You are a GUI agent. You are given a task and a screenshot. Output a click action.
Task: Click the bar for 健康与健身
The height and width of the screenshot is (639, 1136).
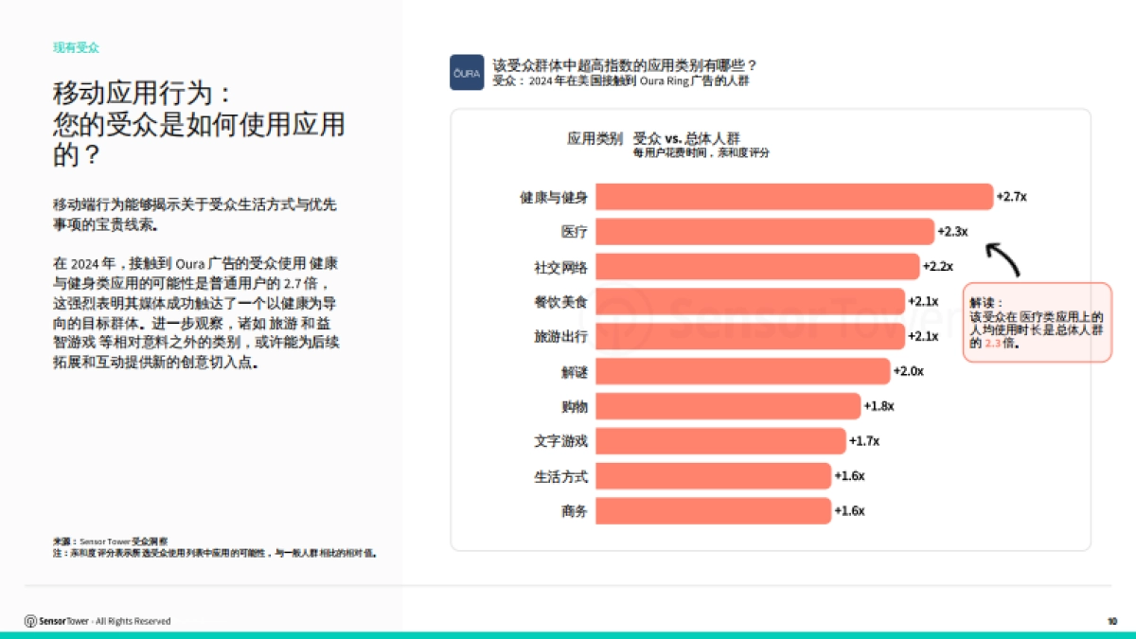[x=793, y=197]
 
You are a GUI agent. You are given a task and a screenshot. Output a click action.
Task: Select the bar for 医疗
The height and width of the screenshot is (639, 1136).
[x=764, y=232]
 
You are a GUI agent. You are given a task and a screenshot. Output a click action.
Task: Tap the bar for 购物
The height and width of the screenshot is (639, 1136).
[x=727, y=406]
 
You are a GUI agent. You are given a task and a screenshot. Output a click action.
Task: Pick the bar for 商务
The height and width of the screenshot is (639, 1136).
[x=712, y=511]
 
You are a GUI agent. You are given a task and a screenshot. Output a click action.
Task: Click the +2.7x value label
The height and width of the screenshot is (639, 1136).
[x=1011, y=197]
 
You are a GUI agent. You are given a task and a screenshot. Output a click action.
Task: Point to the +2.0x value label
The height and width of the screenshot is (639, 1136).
[x=908, y=371]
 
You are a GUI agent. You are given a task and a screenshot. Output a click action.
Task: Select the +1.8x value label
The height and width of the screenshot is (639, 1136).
[x=879, y=406]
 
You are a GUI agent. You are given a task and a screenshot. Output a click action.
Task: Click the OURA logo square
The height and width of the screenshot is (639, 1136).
[x=467, y=73]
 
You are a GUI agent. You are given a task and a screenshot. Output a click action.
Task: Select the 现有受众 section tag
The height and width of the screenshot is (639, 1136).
[x=76, y=46]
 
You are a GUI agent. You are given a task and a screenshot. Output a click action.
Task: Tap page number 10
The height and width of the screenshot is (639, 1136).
[x=1111, y=621]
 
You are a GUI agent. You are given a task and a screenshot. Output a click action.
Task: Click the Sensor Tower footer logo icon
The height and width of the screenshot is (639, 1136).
[x=30, y=621]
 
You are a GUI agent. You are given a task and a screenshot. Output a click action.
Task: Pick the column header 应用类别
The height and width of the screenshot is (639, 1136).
[x=595, y=138]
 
